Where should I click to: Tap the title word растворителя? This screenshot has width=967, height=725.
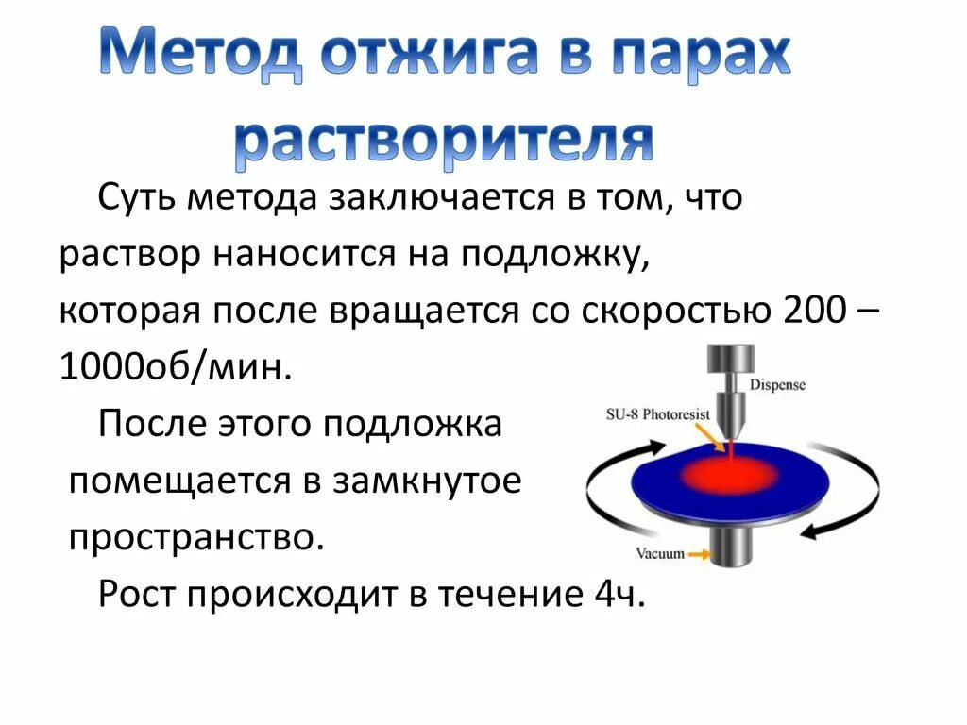[x=443, y=141]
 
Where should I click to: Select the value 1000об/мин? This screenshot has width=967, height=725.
[x=172, y=367]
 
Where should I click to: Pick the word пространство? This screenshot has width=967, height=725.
[x=196, y=538]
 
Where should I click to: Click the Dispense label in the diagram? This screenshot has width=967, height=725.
[x=777, y=384]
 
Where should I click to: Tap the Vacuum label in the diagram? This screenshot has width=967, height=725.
[x=658, y=553]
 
